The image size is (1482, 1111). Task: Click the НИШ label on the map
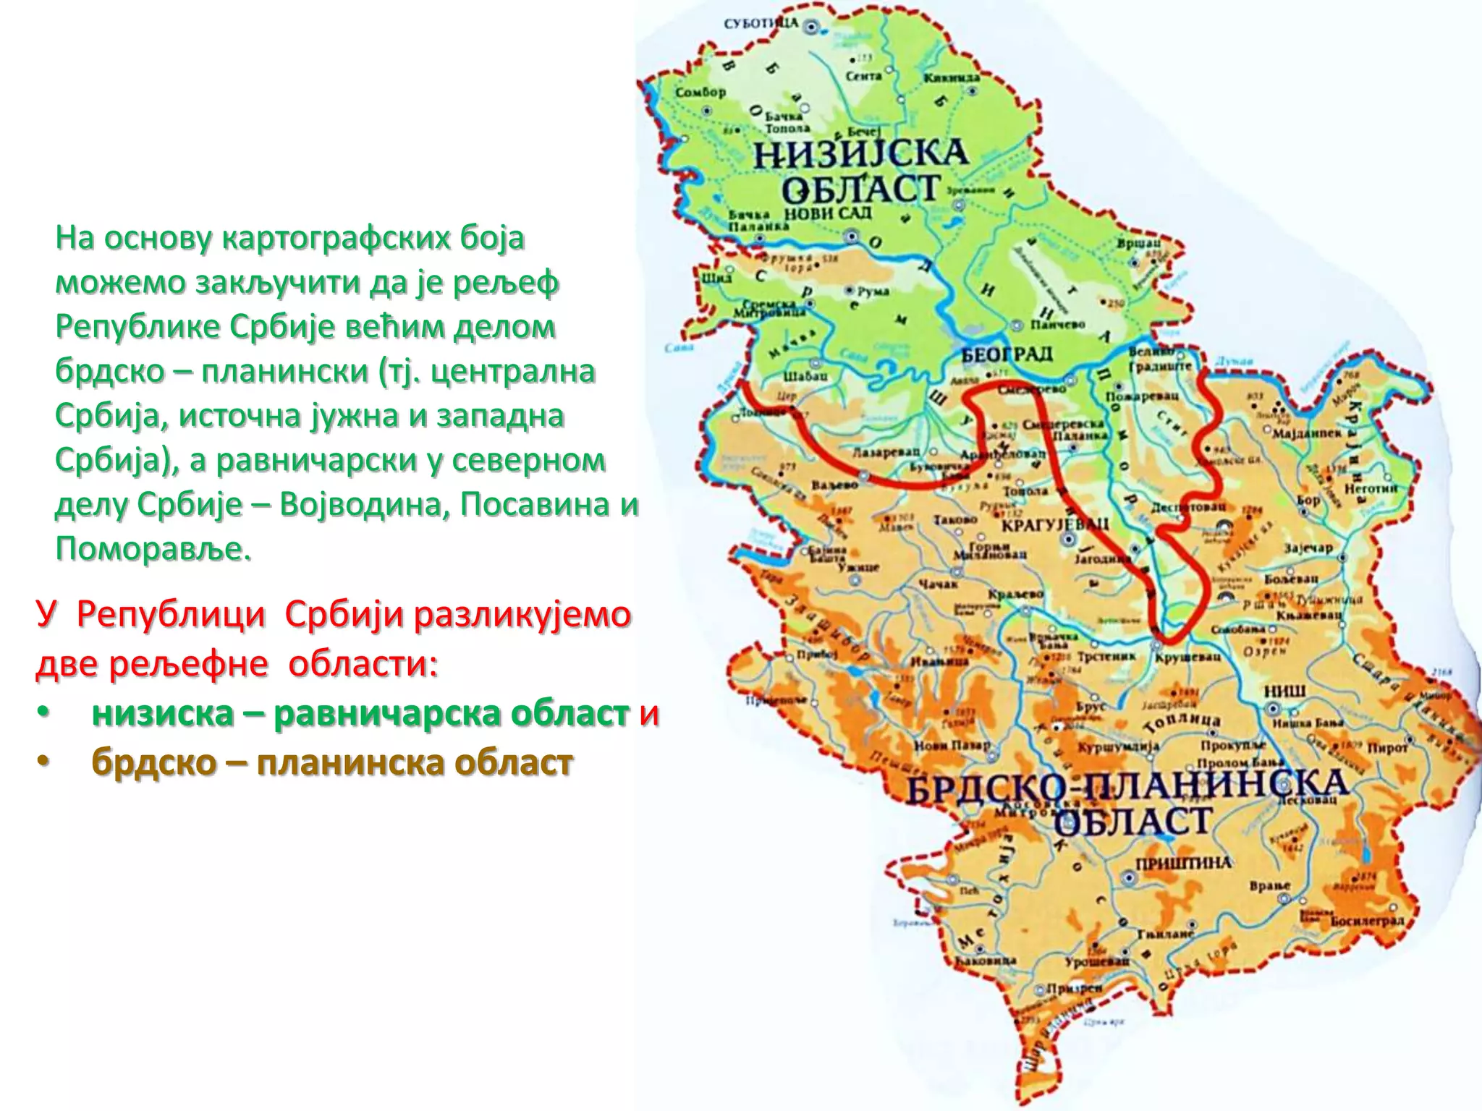[x=1284, y=691]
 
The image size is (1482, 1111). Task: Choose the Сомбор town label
[x=700, y=93]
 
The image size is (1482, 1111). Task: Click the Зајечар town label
[x=1308, y=548]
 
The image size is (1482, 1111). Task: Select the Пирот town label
[x=1387, y=748]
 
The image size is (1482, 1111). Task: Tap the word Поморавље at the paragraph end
[x=153, y=549]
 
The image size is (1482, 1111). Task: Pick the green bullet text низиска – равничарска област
[x=360, y=714]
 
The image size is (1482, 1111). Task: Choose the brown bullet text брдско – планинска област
[x=332, y=762]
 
